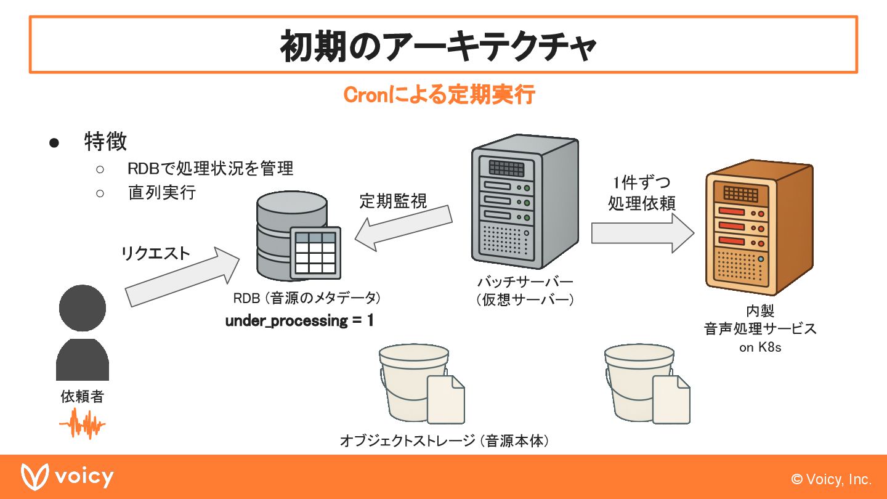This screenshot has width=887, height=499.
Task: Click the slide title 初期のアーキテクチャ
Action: pos(439,46)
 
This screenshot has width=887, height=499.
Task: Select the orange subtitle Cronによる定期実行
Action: pos(439,95)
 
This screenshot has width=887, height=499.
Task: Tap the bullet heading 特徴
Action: pos(105,142)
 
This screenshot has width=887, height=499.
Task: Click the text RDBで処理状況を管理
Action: pos(210,168)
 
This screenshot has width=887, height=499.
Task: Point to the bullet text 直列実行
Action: pos(162,192)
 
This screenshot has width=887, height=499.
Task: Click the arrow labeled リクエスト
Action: pos(182,278)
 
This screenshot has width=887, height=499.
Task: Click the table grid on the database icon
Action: pos(315,253)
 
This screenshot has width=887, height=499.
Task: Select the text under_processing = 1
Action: pos(299,321)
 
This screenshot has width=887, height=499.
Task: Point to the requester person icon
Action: pos(83,333)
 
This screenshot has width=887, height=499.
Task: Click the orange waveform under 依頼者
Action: pos(83,425)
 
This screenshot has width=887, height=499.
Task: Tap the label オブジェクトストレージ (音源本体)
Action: pos(444,441)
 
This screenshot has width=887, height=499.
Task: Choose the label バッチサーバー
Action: pos(525,282)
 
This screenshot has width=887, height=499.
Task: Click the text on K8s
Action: pos(760,347)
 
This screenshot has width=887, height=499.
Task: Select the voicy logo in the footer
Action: pos(68,477)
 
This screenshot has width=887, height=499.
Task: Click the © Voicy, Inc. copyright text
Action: pos(832,479)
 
